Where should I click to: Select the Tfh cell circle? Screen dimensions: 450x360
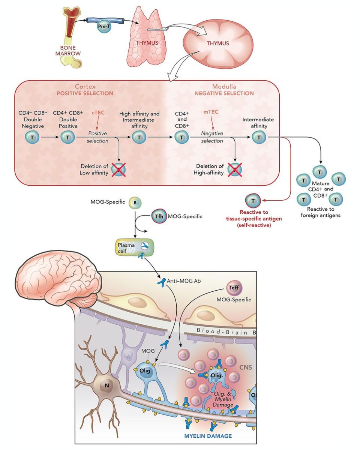coord(159,216)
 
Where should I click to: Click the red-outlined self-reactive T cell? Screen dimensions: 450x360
coord(253,201)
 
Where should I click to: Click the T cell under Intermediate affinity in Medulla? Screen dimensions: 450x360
coord(258,138)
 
